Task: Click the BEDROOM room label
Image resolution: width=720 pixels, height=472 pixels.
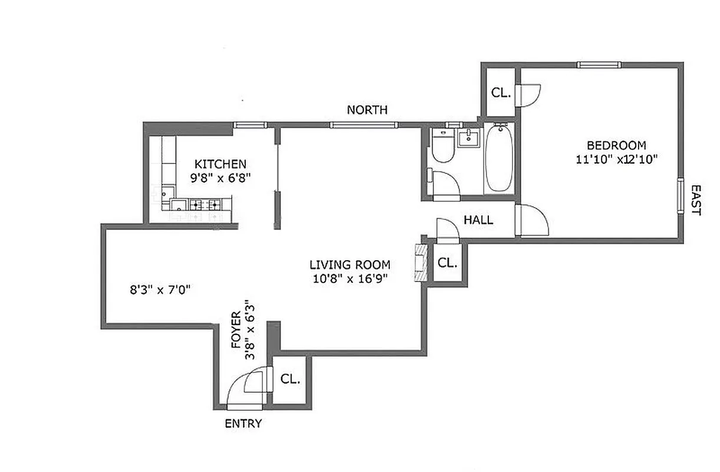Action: (616, 145)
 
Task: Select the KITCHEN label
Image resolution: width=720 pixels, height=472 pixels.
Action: (221, 164)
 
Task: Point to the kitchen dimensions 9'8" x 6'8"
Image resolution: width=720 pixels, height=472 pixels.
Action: (221, 178)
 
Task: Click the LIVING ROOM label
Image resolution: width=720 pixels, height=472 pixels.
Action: (350, 265)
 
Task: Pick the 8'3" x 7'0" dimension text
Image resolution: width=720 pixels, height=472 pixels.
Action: (159, 290)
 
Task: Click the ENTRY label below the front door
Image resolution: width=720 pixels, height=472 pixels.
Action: (244, 424)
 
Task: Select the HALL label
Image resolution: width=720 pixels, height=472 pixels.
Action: (478, 221)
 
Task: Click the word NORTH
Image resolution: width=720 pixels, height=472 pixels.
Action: (367, 110)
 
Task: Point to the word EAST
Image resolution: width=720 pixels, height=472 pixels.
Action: (696, 200)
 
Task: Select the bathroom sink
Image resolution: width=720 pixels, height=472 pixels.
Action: (469, 139)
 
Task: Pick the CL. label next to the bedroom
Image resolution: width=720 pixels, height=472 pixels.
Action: (501, 93)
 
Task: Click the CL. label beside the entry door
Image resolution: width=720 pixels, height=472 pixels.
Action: (290, 379)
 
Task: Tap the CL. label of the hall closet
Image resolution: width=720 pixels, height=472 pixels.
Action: (448, 263)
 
